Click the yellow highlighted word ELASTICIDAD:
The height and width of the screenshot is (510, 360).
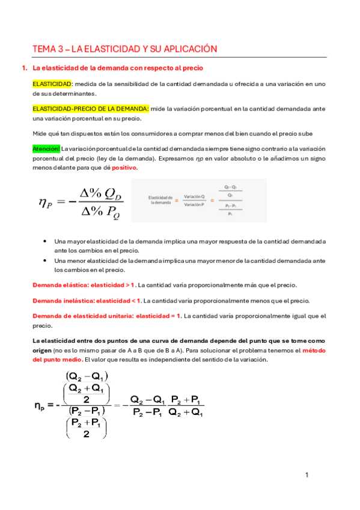point(52,85)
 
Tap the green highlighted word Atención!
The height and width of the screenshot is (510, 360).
point(46,149)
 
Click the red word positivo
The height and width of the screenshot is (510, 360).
point(124,168)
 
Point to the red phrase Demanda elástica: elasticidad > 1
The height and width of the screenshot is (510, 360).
point(85,284)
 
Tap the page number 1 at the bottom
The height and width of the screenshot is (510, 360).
point(307,476)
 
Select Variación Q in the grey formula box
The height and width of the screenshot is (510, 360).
point(195,197)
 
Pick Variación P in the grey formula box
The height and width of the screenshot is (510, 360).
point(195,204)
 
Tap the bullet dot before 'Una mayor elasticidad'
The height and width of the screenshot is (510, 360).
point(46,241)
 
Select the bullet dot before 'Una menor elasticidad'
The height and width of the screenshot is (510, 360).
point(46,261)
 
